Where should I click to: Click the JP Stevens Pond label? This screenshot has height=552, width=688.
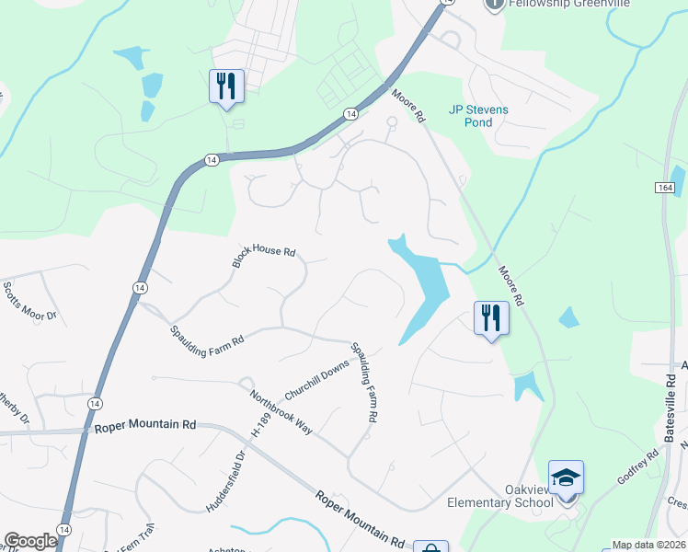[477, 116]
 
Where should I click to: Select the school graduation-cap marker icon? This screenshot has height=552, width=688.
[566, 478]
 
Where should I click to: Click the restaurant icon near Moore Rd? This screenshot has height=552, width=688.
[491, 318]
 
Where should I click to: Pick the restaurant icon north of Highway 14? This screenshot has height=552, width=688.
[226, 86]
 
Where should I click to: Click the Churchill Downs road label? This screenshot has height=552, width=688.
[316, 380]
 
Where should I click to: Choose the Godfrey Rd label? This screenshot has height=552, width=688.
[638, 466]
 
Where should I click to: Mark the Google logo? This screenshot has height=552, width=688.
[31, 541]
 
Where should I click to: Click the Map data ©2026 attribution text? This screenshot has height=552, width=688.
[648, 545]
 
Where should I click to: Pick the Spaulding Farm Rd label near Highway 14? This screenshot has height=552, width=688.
[207, 335]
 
